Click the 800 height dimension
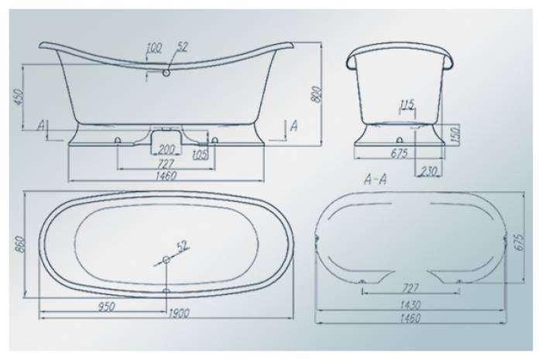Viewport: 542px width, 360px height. [x=316, y=94]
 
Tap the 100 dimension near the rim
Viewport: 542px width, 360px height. [x=154, y=48]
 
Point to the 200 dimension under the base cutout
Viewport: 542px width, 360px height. [x=167, y=149]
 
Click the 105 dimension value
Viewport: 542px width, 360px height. [x=201, y=155]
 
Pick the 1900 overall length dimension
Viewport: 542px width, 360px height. [x=178, y=314]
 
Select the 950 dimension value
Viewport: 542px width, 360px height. [x=106, y=307]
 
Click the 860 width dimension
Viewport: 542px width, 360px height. [x=20, y=245]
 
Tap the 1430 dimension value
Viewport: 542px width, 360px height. [x=410, y=305]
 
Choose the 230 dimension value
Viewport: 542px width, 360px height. [x=428, y=170]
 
